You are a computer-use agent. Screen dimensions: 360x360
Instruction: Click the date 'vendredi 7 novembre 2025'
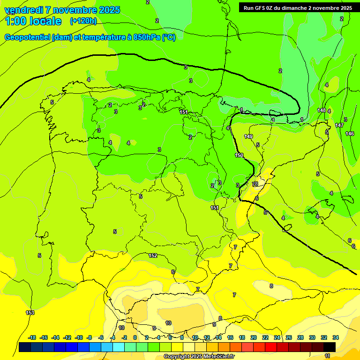tap(62, 10)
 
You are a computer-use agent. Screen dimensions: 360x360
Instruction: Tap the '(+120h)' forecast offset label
tap(83, 21)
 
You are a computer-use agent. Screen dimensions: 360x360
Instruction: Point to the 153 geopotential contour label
tap(30, 313)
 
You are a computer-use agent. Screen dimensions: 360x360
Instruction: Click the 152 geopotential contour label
tap(153, 255)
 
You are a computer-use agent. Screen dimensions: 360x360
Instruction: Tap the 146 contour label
tap(350, 134)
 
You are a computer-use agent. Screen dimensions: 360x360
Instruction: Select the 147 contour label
tap(339, 125)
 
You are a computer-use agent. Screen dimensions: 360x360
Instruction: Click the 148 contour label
tap(322, 110)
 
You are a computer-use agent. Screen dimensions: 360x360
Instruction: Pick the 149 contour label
tap(248, 136)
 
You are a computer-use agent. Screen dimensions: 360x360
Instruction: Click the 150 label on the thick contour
tap(239, 155)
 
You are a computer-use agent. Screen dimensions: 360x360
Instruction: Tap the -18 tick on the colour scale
tap(32, 337)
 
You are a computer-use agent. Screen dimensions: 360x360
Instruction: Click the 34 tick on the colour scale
tap(336, 337)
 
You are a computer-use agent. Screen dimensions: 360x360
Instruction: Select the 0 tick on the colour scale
tap(135, 337)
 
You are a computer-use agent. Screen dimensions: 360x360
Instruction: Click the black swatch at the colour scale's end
tap(330, 347)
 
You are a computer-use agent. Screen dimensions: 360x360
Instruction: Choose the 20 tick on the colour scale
tap(254, 337)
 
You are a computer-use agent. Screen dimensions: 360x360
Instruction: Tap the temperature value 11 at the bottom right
tap(328, 356)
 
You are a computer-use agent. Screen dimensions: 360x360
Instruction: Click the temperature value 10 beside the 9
tap(168, 323)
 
